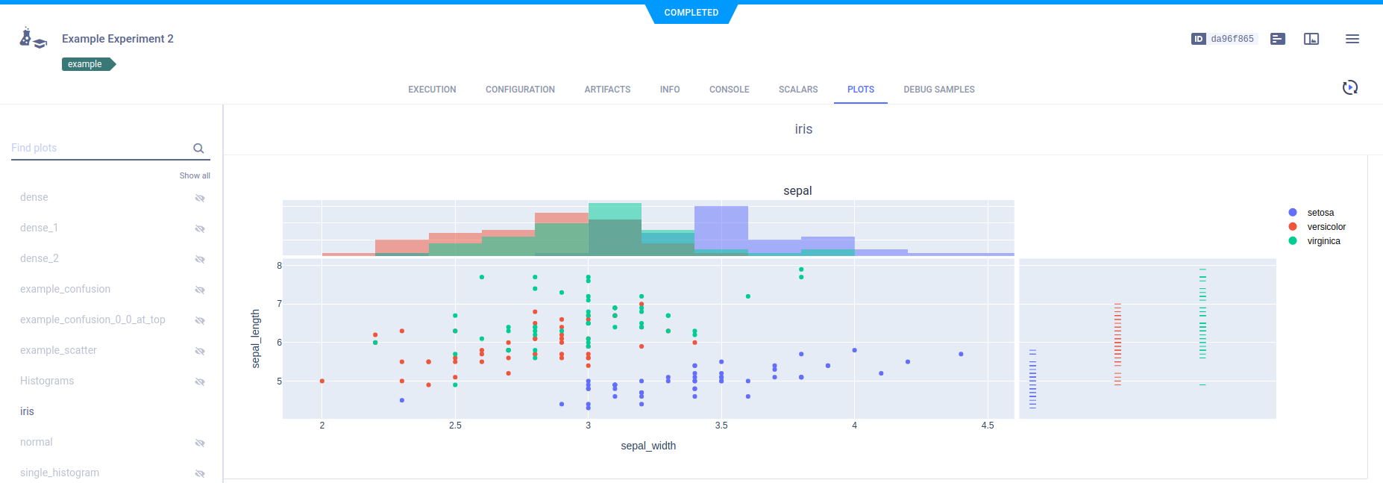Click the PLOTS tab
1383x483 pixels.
[x=860, y=90]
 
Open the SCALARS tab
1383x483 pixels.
[x=797, y=90]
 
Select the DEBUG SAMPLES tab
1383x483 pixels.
[x=938, y=90]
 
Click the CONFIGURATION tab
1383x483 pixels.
[x=520, y=90]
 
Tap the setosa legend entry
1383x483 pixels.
[x=1320, y=213]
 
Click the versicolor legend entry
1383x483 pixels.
[x=1326, y=227]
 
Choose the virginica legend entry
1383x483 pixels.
[x=1323, y=241]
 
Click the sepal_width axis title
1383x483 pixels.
[x=648, y=446]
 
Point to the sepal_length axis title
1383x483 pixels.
[x=256, y=338]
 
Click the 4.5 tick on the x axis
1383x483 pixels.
[x=988, y=426]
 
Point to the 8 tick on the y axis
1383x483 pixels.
[x=280, y=266]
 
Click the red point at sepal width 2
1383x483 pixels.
[x=322, y=381]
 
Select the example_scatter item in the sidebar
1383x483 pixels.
[x=58, y=350]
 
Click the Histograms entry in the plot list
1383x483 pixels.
[x=47, y=381]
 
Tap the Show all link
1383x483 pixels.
[x=195, y=175]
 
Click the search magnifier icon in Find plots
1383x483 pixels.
[x=198, y=148]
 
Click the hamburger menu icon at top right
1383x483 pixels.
[x=1352, y=39]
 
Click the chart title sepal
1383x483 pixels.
[x=797, y=191]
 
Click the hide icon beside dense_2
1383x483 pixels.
[x=200, y=259]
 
